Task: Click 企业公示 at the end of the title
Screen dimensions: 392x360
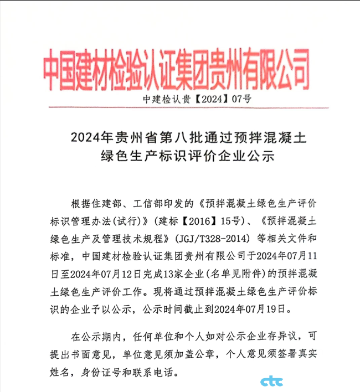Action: click(253, 156)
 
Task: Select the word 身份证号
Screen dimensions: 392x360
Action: click(115, 370)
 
